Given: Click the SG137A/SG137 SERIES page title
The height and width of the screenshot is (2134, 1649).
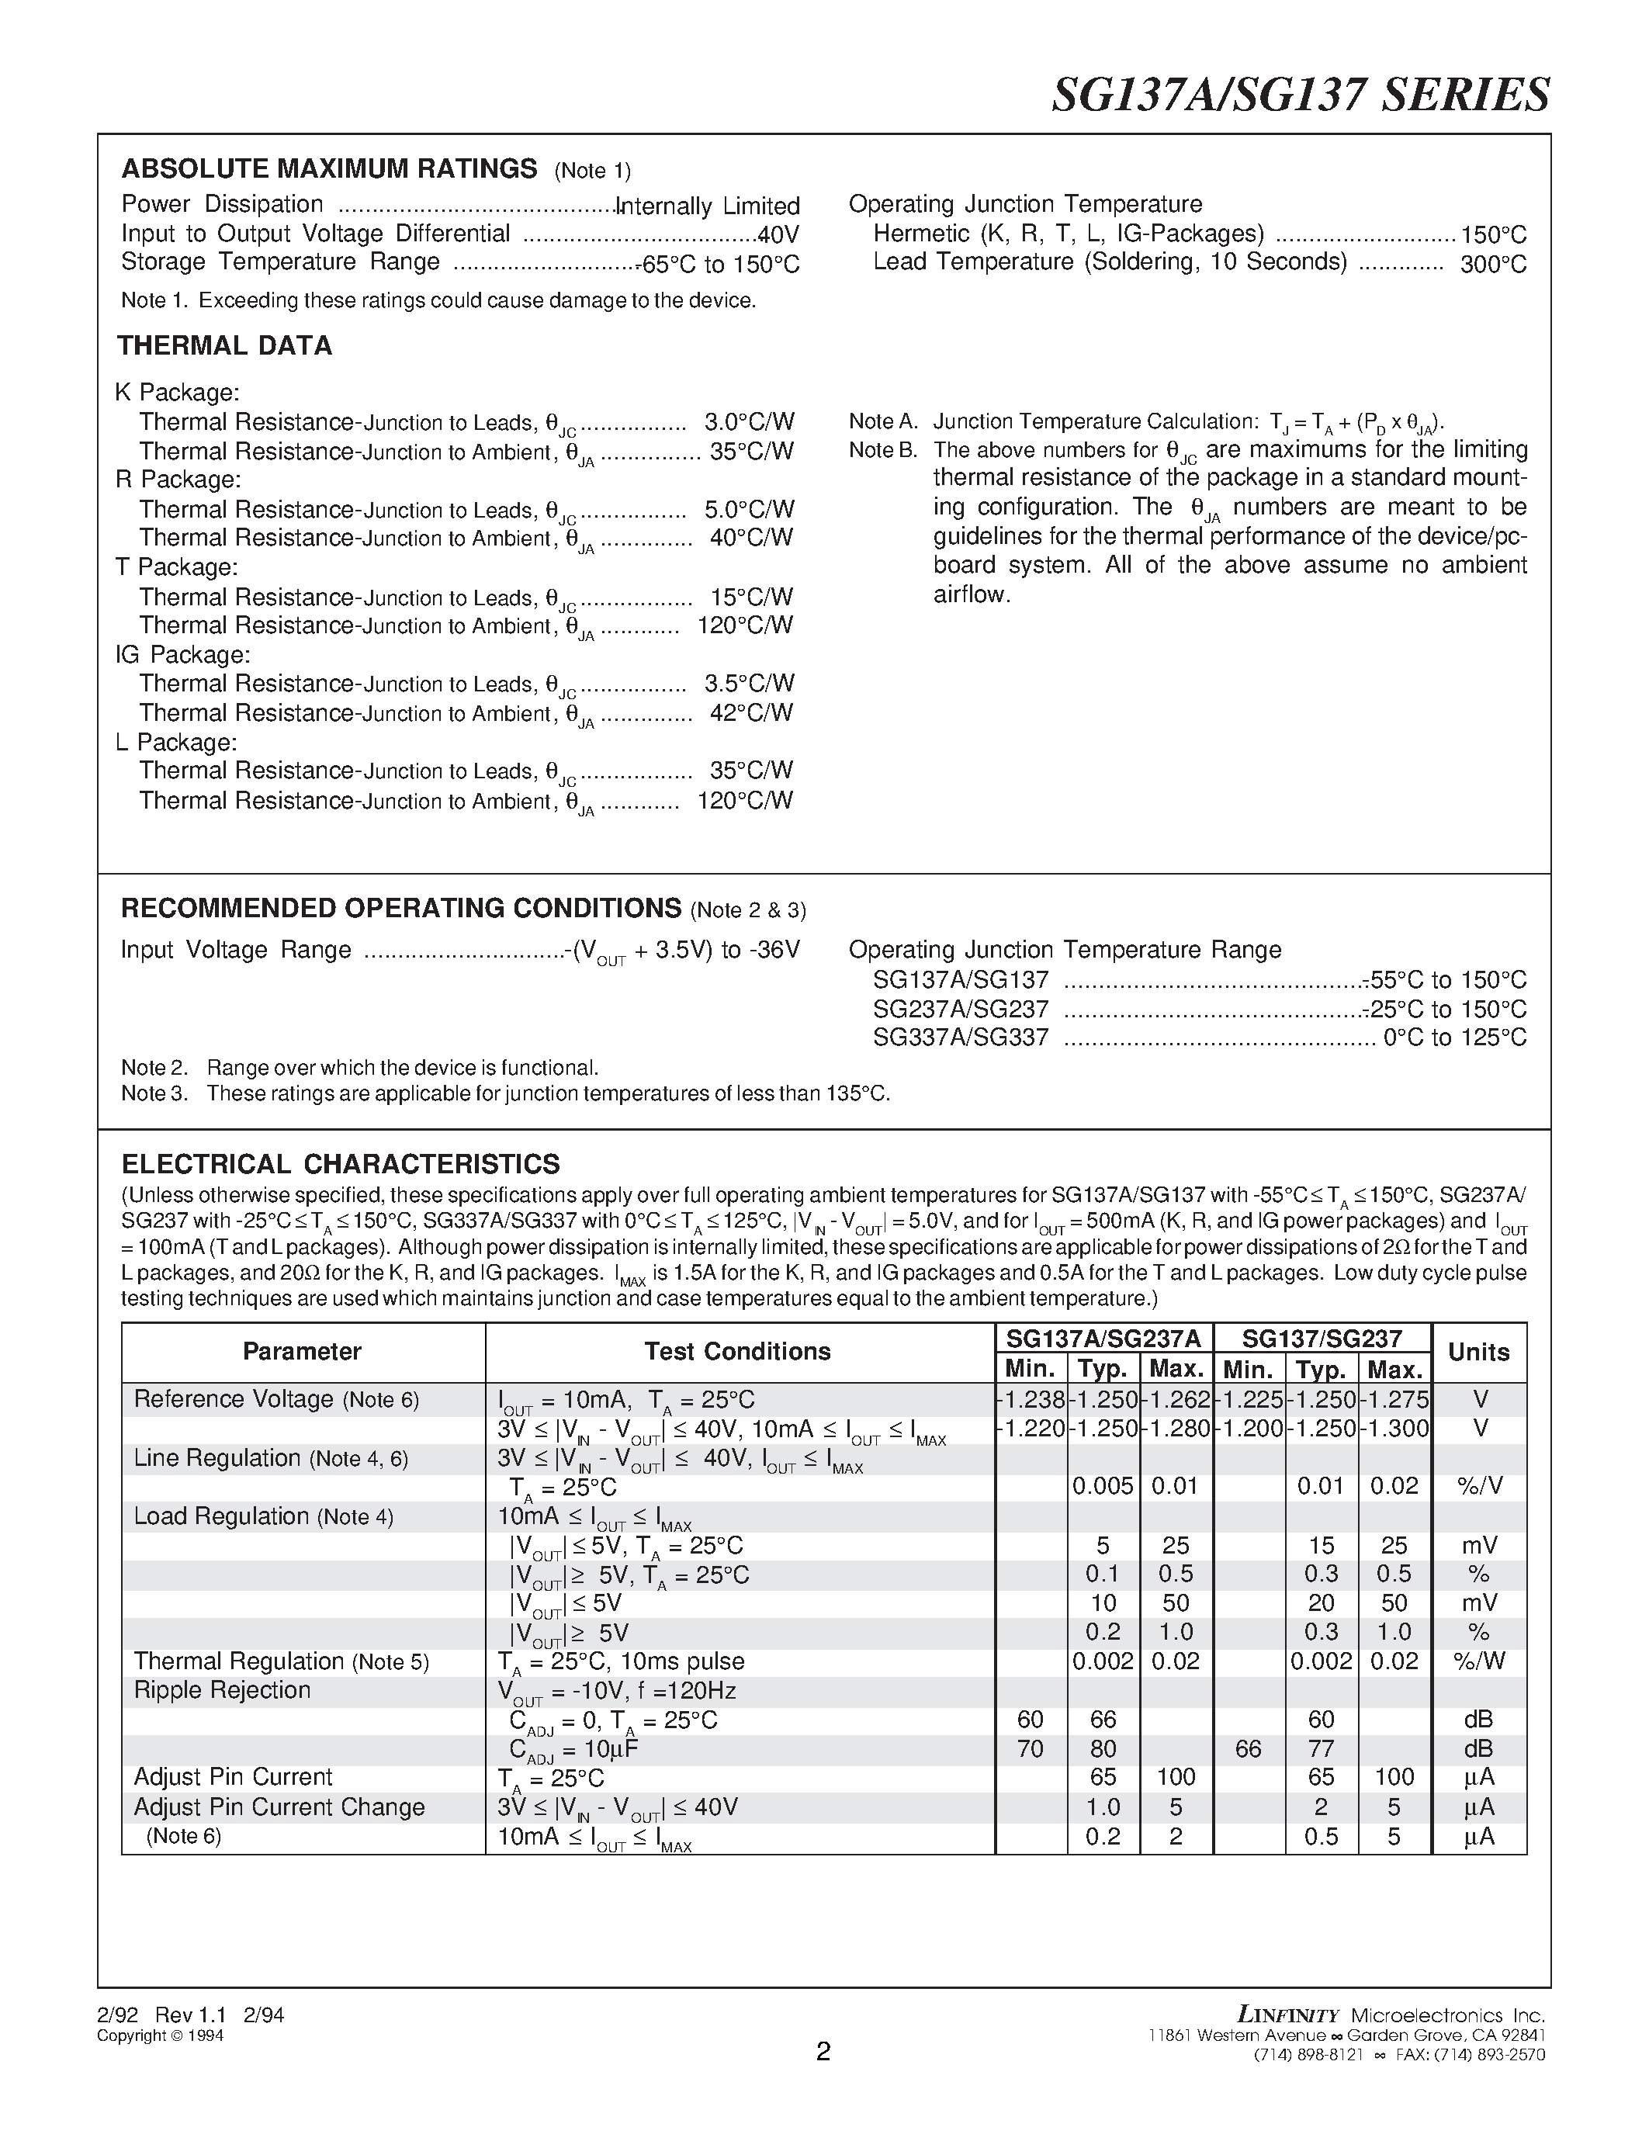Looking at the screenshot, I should pyautogui.click(x=1299, y=95).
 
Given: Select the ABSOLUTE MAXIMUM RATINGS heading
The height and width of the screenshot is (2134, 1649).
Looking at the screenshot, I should pyautogui.click(x=328, y=169).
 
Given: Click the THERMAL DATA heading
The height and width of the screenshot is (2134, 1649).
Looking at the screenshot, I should pyautogui.click(x=225, y=346).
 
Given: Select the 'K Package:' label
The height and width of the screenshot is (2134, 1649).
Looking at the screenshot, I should pyautogui.click(x=177, y=393).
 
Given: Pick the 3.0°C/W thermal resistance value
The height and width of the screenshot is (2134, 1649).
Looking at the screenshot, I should pyautogui.click(x=748, y=422).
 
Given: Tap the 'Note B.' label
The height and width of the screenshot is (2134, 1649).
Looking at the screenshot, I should pyautogui.click(x=883, y=450).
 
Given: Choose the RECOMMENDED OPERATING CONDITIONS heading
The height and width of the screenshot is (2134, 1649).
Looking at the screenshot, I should pyautogui.click(x=400, y=908).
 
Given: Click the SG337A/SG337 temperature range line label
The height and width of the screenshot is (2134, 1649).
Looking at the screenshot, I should pyautogui.click(x=960, y=1038).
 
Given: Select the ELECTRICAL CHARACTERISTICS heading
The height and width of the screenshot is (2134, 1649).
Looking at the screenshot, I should pyautogui.click(x=340, y=1164).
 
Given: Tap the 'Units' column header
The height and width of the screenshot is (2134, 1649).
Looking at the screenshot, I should pyautogui.click(x=1478, y=1353).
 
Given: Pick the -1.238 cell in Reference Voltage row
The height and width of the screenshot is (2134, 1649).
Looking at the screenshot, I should pyautogui.click(x=1031, y=1399).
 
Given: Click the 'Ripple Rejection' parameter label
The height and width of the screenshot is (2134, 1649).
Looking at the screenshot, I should pyautogui.click(x=222, y=1689).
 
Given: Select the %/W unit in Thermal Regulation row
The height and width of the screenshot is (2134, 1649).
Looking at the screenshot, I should pyautogui.click(x=1478, y=1661).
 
